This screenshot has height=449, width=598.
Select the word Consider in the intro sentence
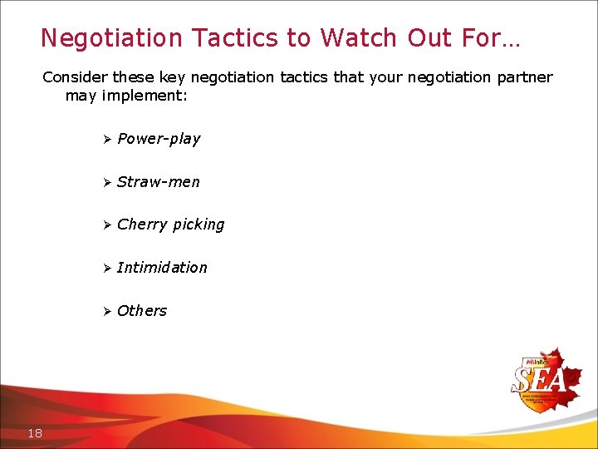click(x=76, y=77)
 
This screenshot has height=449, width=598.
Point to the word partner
click(x=523, y=77)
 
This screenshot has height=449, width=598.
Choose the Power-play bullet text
click(x=159, y=139)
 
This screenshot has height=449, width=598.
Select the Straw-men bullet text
click(x=159, y=182)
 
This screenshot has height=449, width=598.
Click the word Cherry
click(x=142, y=224)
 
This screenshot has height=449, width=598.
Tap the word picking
click(x=199, y=225)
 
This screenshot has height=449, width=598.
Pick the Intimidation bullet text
click(x=162, y=268)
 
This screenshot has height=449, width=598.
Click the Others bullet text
click(x=142, y=311)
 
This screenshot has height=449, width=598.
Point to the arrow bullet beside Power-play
click(x=106, y=139)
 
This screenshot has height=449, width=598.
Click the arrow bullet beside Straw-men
click(x=106, y=182)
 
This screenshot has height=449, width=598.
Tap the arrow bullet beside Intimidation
click(x=106, y=268)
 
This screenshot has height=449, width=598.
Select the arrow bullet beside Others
click(x=106, y=311)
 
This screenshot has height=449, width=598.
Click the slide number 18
click(x=35, y=433)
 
